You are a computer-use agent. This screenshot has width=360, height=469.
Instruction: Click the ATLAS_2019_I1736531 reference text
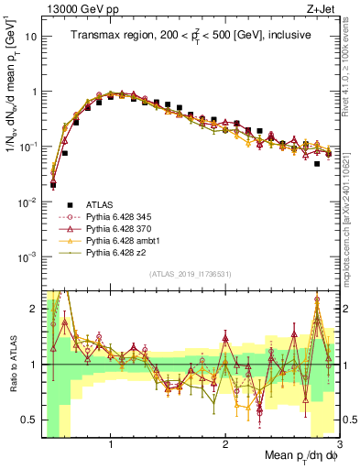pyautogui.click(x=191, y=274)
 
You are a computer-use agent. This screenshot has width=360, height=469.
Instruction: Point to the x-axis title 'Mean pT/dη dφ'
pyautogui.click(x=297, y=455)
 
